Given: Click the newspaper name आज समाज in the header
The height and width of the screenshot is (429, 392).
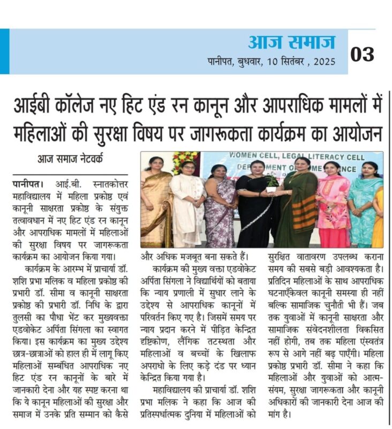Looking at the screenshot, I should [x=291, y=42].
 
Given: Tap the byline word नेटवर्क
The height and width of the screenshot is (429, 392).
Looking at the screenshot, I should [x=98, y=160].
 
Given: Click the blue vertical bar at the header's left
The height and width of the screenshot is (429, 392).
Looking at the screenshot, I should [x=4, y=51].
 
